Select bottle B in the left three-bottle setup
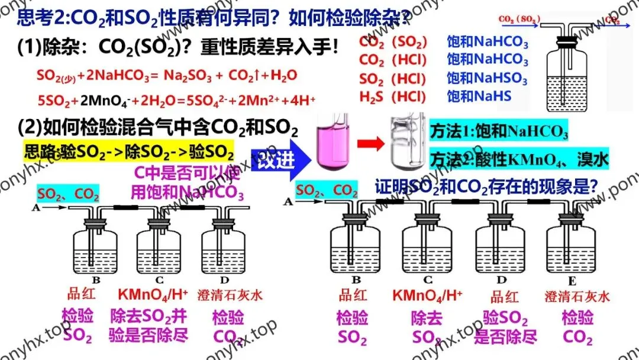coord(94,249)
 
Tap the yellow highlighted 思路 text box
coord(129,152)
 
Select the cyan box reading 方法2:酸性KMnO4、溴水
coord(519,158)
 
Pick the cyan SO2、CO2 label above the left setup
coord(68,193)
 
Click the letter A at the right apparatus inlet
coord(288,201)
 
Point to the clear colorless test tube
coord(408,143)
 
